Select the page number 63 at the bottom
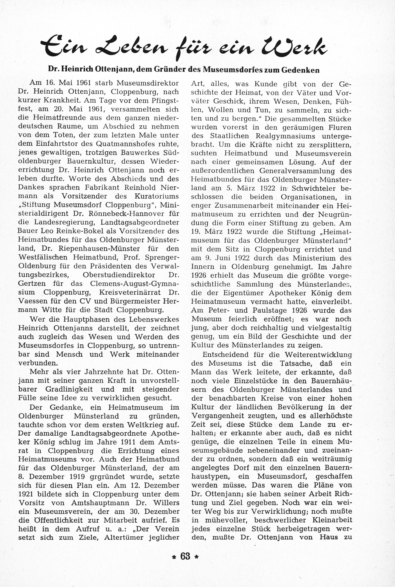pos(185,556)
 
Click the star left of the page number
pos(173,557)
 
